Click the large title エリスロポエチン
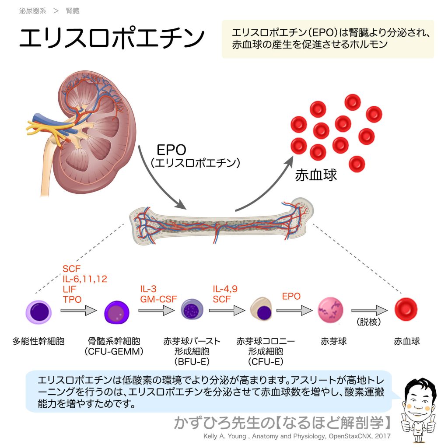coord(112,39)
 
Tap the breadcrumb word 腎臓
coord(73,11)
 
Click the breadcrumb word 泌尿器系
coord(32,11)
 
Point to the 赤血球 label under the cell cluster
coord(316,175)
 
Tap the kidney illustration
coord(87,131)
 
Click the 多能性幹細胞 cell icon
coord(38,311)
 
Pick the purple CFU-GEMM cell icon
coord(117,312)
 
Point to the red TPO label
coord(72,299)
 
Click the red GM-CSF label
coord(158,299)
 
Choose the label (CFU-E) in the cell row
coord(265,362)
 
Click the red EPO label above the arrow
coord(291,296)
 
